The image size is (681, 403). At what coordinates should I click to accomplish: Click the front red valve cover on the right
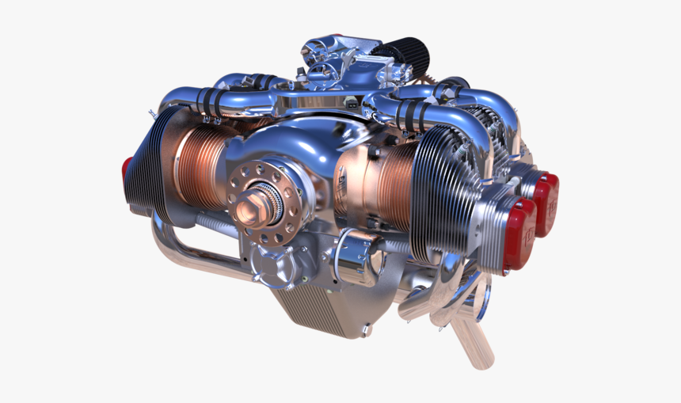point(520,233)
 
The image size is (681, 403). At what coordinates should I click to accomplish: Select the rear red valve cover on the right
point(546,203)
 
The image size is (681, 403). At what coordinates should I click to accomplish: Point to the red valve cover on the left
point(127,176)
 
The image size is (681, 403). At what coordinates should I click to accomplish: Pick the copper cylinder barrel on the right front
point(380,186)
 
